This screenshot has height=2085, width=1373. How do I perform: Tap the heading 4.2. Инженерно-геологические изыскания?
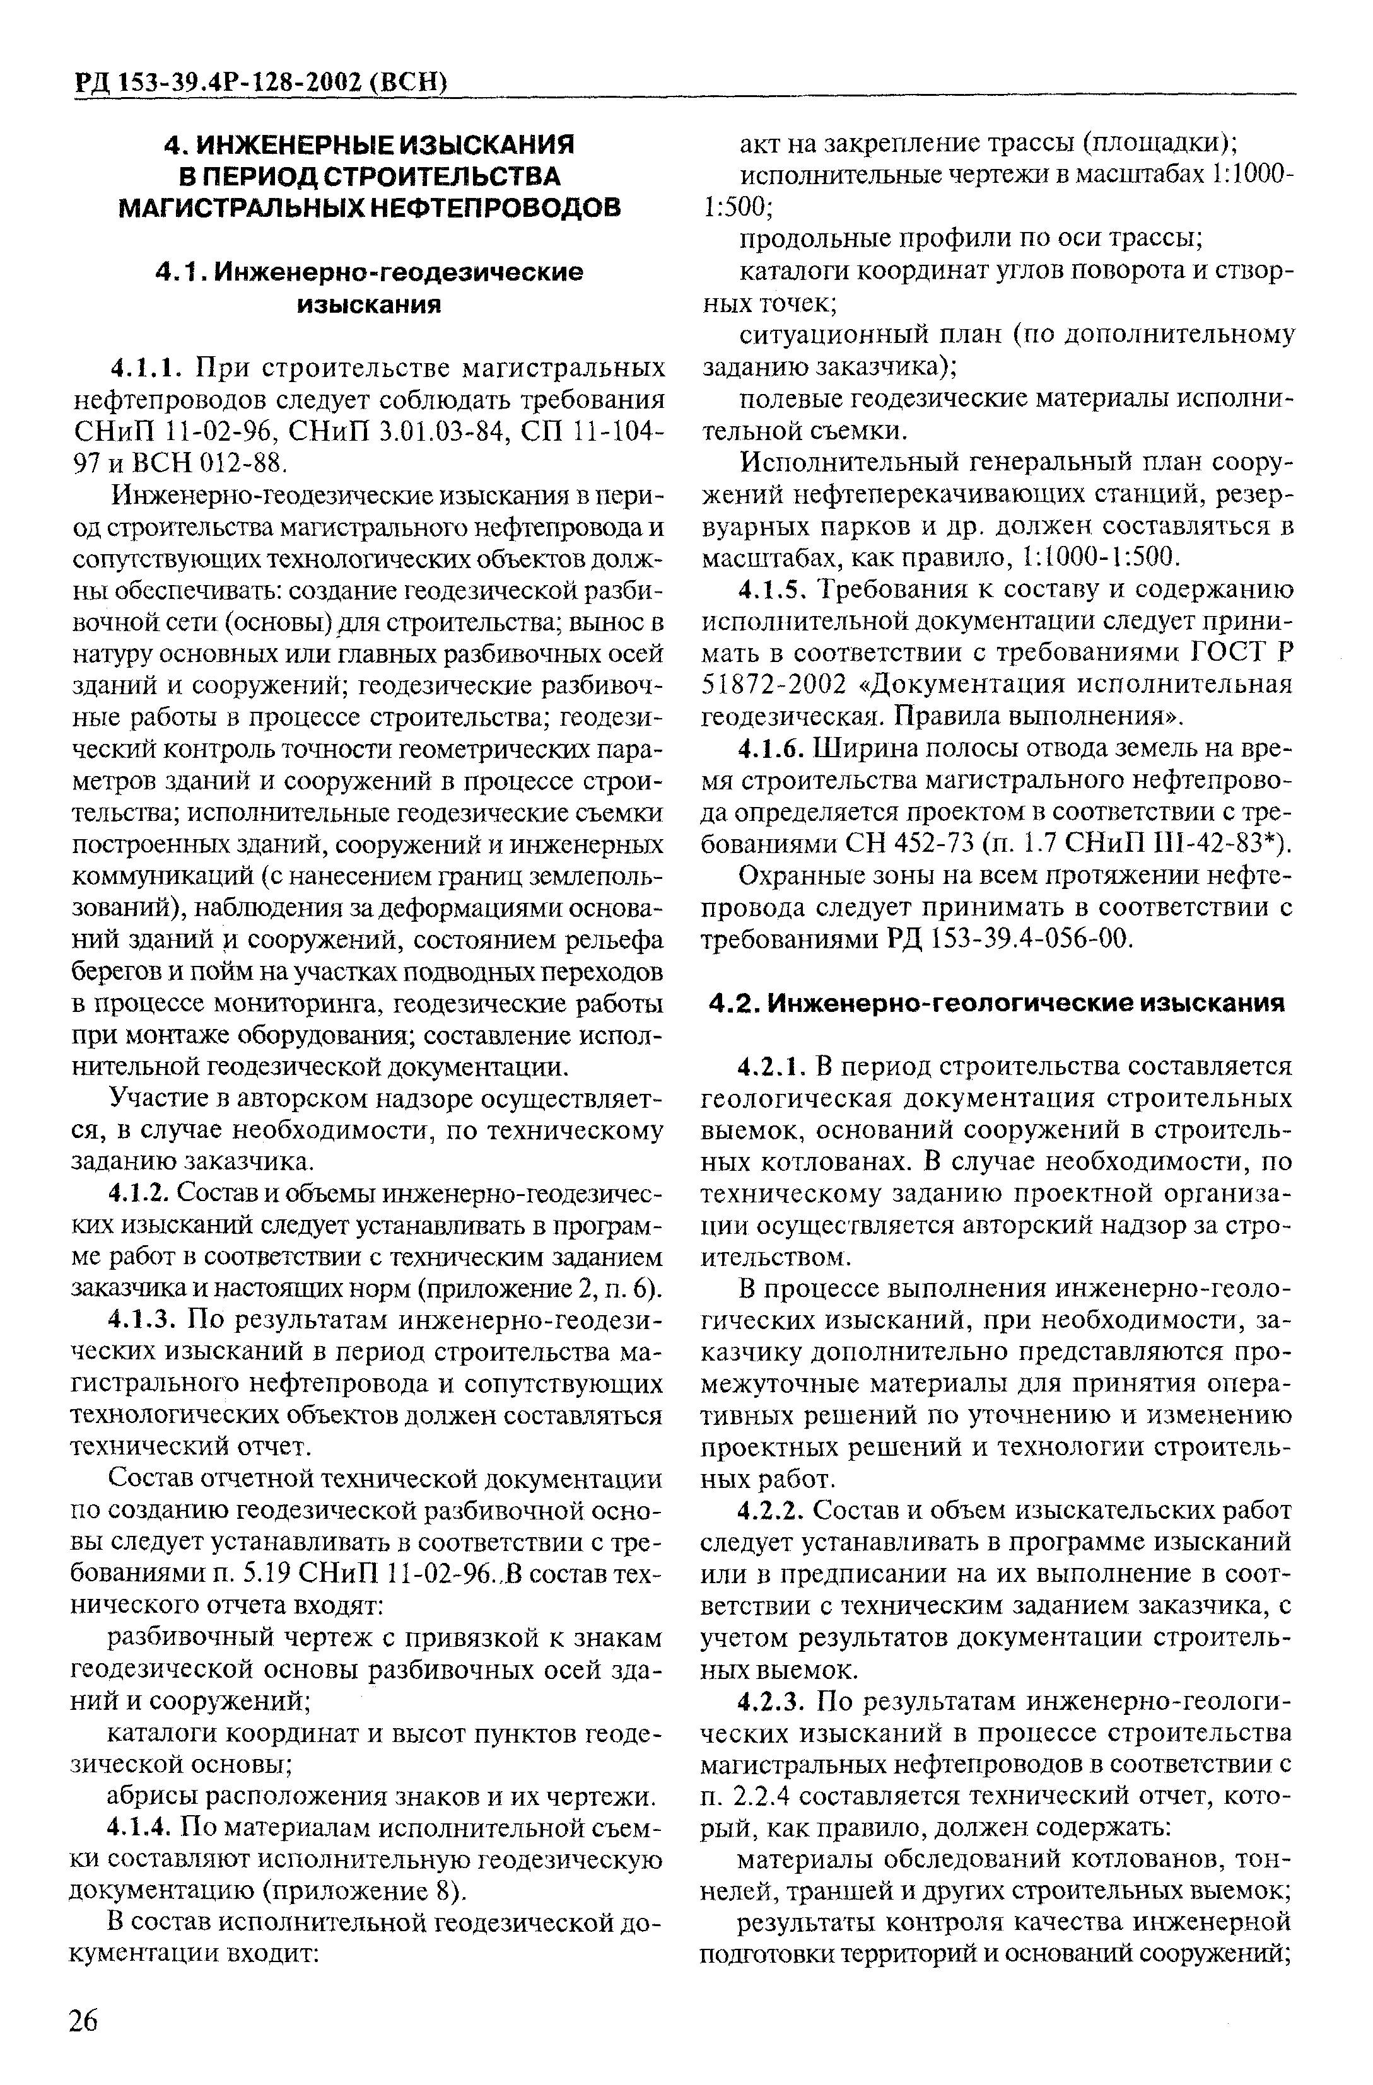pos(998,1003)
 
